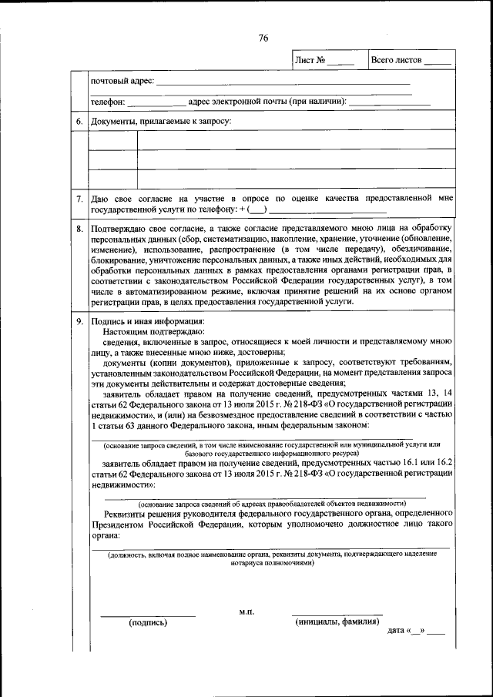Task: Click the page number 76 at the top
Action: click(263, 39)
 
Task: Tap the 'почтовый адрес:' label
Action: click(122, 81)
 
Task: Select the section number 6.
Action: click(79, 121)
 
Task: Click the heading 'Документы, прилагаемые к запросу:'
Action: click(161, 121)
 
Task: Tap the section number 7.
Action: click(79, 199)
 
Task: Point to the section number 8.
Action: click(79, 229)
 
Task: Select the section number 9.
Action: click(79, 321)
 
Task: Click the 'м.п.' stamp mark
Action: click(246, 612)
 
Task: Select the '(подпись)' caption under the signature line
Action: click(148, 622)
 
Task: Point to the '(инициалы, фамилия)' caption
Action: click(337, 622)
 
